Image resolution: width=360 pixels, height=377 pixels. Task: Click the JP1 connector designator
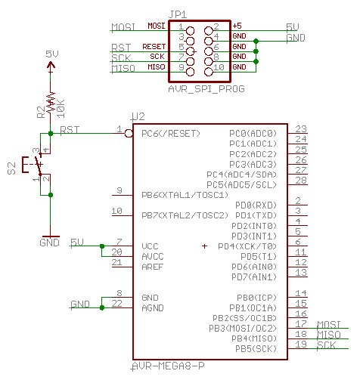point(178,14)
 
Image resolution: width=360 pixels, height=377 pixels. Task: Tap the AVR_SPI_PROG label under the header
point(206,88)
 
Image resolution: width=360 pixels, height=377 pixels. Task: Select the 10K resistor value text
point(61,109)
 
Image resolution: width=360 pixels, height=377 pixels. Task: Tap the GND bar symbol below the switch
point(51,236)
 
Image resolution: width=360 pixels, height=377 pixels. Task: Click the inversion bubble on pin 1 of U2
point(129,133)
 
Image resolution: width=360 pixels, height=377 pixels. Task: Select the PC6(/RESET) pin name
point(171,133)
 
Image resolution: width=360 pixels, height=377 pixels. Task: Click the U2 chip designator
point(138,117)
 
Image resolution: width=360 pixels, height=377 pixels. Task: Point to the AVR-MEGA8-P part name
point(168,366)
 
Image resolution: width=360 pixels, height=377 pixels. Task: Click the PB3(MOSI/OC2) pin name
point(243,328)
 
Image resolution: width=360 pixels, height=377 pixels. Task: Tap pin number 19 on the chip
point(301,344)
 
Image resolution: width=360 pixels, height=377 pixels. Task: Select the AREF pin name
point(153,267)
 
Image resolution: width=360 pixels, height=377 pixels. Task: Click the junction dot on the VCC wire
point(102,246)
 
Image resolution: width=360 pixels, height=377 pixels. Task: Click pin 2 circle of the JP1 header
point(209,31)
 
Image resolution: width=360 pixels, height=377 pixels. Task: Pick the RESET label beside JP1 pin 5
point(154,47)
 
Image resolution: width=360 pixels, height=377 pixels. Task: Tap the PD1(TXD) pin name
point(256,215)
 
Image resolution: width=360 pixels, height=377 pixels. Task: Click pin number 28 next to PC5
point(301,181)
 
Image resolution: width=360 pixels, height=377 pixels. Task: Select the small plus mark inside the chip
point(204,246)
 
